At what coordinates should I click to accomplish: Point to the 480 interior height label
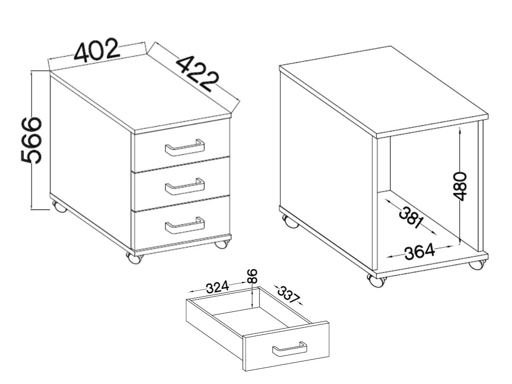pyautogui.click(x=460, y=186)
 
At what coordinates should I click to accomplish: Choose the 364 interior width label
pyautogui.click(x=420, y=252)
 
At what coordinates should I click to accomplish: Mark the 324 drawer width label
pyautogui.click(x=218, y=287)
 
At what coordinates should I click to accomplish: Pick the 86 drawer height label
pyautogui.click(x=253, y=276)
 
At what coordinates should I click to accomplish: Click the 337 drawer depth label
pyautogui.click(x=288, y=295)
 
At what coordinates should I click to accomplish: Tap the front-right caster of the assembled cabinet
pyautogui.click(x=221, y=244)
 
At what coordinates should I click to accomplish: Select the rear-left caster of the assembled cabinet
pyautogui.click(x=59, y=207)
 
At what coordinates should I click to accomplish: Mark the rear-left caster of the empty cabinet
pyautogui.click(x=290, y=222)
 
